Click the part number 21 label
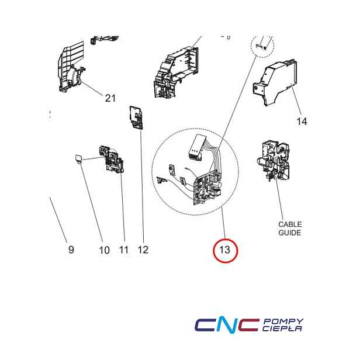(110, 98)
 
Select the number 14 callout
(302, 121)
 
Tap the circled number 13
(225, 250)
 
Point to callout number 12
(143, 250)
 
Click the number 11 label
(123, 250)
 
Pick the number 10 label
(104, 250)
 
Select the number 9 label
(71, 250)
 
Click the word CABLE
(290, 224)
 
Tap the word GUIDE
(290, 233)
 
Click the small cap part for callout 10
(78, 159)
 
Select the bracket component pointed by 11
(112, 159)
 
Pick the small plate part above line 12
(136, 117)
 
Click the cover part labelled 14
(275, 82)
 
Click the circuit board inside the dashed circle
(208, 189)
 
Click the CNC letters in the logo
(227, 325)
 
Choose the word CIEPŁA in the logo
(282, 328)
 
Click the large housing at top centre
(176, 72)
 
